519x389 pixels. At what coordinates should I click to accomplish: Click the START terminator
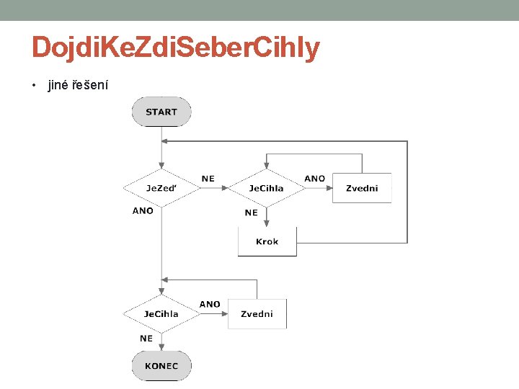161,112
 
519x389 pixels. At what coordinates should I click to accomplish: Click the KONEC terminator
161,366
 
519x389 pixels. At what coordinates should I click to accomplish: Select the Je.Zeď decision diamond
161,188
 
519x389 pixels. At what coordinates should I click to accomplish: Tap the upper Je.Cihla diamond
267,188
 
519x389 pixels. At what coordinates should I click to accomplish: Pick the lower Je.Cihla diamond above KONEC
161,314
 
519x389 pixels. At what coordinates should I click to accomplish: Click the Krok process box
267,241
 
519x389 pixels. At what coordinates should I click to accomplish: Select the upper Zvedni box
362,188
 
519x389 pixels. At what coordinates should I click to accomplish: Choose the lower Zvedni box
257,314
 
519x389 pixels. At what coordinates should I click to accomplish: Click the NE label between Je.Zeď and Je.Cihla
208,179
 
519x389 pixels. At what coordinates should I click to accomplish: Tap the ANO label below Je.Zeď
143,211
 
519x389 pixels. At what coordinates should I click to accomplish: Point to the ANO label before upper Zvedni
314,179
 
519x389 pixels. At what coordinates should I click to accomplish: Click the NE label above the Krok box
251,213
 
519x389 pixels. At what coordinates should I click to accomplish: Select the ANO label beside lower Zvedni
210,304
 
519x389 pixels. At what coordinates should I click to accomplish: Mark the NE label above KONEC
146,337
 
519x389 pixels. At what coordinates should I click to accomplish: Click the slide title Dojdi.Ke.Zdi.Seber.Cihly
175,48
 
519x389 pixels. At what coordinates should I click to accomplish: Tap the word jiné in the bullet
57,86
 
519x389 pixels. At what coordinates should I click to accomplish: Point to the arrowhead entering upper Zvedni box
328,188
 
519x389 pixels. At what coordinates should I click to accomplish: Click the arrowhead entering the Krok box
267,223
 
